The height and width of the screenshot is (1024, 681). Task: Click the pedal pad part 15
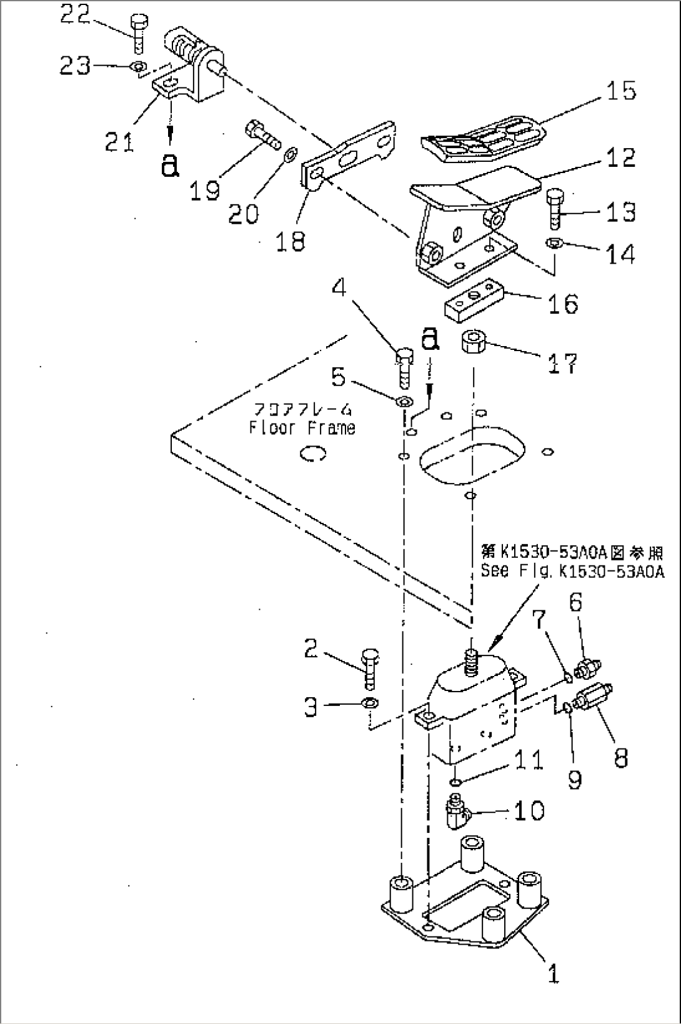click(x=484, y=136)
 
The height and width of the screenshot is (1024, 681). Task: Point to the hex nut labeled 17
click(x=472, y=342)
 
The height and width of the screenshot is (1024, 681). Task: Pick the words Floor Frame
click(x=302, y=428)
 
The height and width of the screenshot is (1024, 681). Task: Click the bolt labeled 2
click(x=369, y=667)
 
